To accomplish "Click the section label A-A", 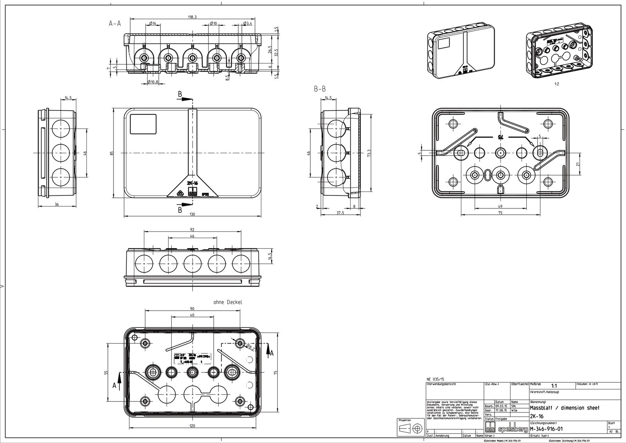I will coord(115,24).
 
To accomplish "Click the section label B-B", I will coord(320,89).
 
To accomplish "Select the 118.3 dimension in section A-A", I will coord(192,17).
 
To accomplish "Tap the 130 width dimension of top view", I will coord(192,214).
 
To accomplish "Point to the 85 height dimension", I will coord(112,153).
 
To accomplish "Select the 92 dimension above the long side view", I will coord(192,230).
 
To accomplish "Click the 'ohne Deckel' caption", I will coord(228,302).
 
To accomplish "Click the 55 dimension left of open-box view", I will coord(106,373).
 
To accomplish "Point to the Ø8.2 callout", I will coord(250,346).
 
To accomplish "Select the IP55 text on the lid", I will coord(205,193).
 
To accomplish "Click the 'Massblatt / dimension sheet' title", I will coord(564,408).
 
